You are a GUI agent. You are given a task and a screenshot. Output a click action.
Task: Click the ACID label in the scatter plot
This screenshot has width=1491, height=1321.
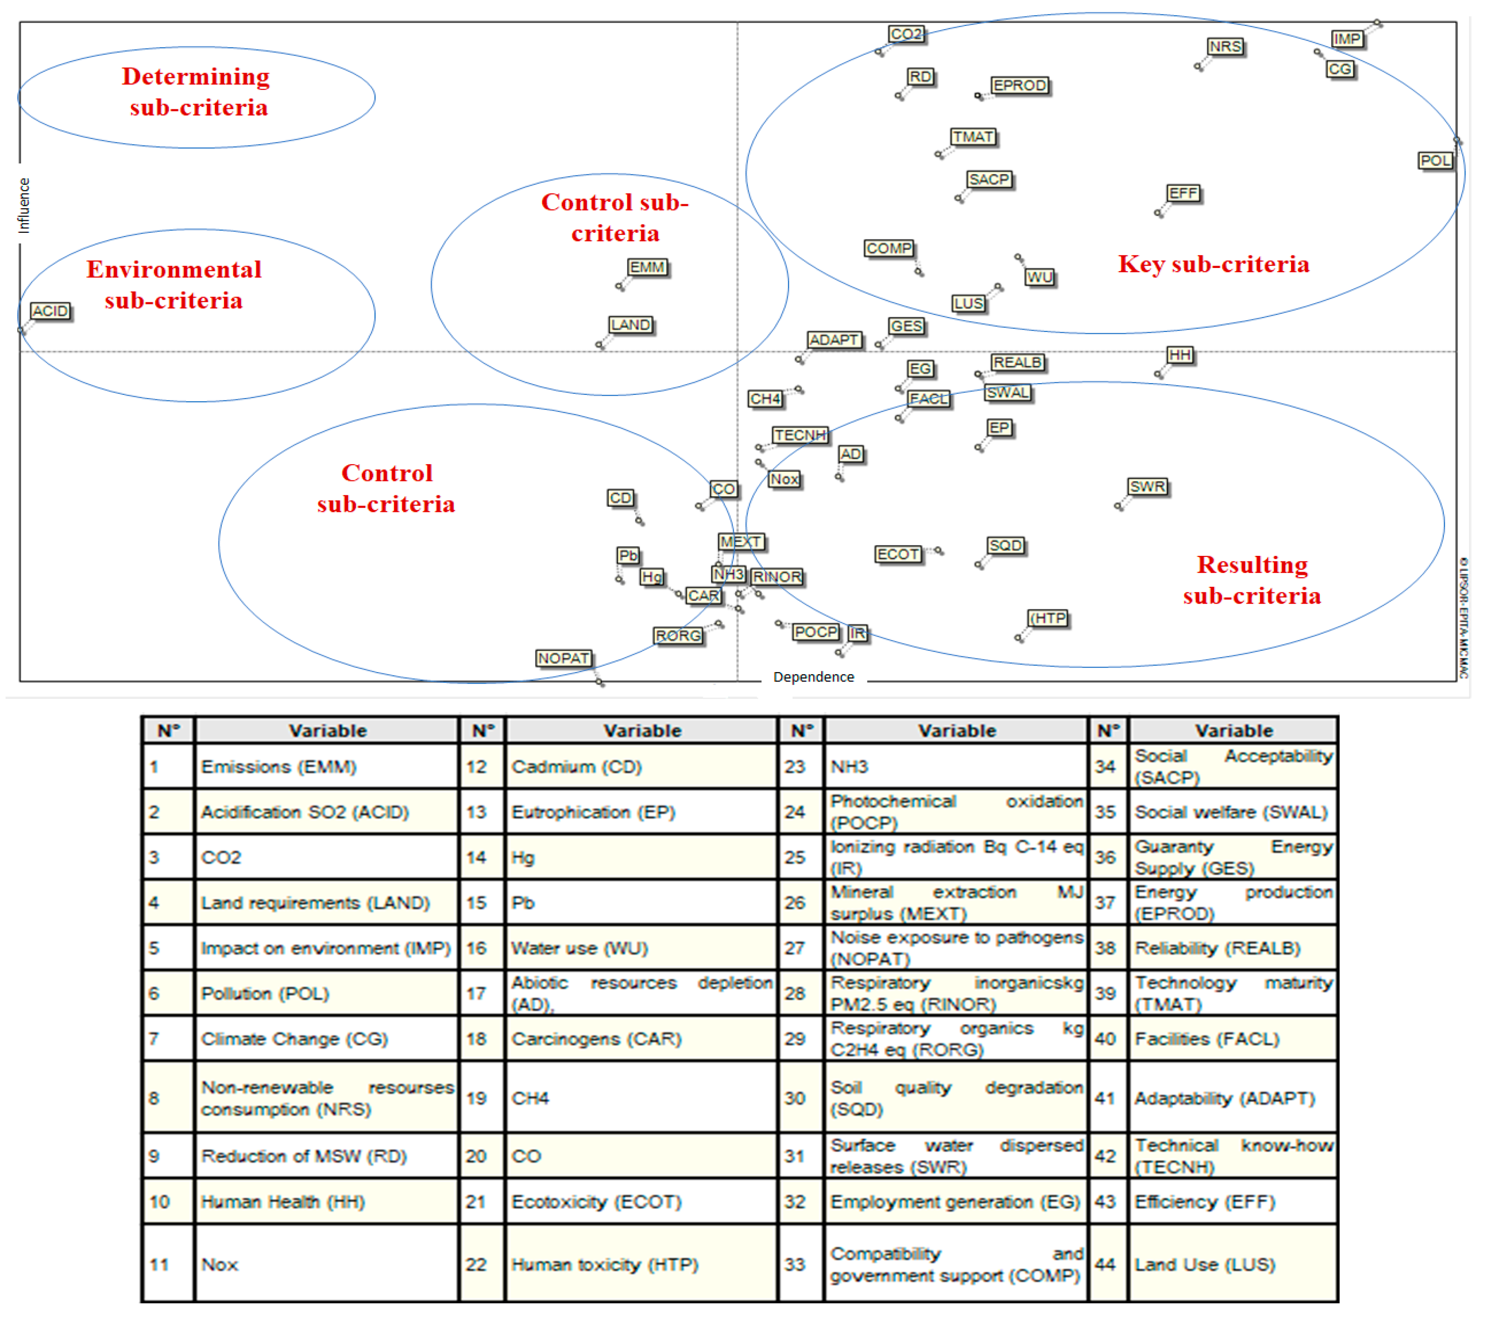pyautogui.click(x=50, y=312)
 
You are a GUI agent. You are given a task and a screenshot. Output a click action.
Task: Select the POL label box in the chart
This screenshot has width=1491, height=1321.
pyautogui.click(x=1435, y=161)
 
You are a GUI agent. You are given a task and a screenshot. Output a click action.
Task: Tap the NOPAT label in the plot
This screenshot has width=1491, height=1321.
pyautogui.click(x=563, y=658)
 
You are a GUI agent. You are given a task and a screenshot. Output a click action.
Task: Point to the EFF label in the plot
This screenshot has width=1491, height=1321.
pyautogui.click(x=1182, y=193)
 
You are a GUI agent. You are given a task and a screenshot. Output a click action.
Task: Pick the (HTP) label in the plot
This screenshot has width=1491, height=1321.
pyautogui.click(x=1048, y=618)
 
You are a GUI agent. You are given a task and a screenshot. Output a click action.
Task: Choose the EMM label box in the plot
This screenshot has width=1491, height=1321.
pyautogui.click(x=647, y=268)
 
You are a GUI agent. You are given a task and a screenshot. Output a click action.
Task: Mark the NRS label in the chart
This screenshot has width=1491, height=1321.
pyautogui.click(x=1225, y=47)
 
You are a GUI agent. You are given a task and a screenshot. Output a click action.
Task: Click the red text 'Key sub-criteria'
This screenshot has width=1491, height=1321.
pyautogui.click(x=1213, y=264)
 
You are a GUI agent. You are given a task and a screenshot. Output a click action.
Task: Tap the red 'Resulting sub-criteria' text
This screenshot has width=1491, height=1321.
pyautogui.click(x=1252, y=580)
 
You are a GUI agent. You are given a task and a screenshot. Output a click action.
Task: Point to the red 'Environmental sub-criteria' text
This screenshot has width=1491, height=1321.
pyautogui.click(x=174, y=285)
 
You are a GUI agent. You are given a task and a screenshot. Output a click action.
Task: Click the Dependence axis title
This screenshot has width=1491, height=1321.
pyautogui.click(x=813, y=677)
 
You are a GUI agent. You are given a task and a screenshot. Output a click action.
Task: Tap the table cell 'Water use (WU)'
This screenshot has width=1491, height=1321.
pyautogui.click(x=579, y=947)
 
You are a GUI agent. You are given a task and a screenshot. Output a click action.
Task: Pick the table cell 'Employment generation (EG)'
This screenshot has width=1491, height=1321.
pyautogui.click(x=954, y=1202)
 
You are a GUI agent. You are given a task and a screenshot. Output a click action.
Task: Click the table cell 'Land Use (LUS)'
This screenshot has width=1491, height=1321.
pyautogui.click(x=1204, y=1264)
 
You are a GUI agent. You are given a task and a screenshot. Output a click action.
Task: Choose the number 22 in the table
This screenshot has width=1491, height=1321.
pyautogui.click(x=476, y=1264)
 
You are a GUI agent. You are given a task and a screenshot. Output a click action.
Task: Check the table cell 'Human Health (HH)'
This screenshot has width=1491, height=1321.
pyautogui.click(x=283, y=1202)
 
